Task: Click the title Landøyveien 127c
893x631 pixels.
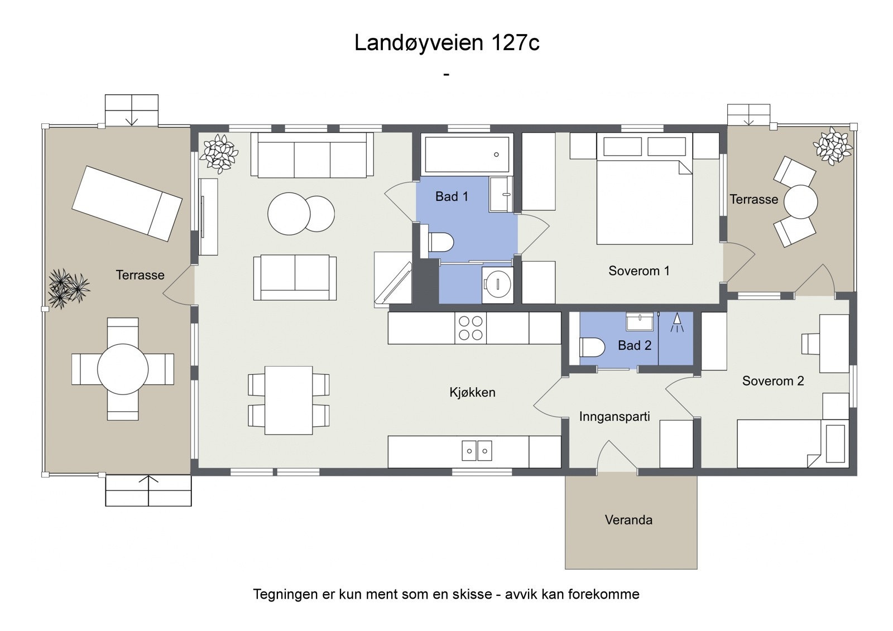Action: [446, 43]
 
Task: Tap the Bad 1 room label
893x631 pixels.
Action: [452, 196]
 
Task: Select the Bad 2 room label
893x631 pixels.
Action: [635, 345]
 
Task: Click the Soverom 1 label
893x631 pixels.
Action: [638, 271]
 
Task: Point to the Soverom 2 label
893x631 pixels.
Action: [772, 381]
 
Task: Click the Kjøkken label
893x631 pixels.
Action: [472, 392]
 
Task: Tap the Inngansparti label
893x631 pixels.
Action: [614, 417]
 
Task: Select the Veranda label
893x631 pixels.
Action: [628, 520]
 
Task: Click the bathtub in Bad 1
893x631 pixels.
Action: [467, 155]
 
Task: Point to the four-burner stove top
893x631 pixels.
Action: [470, 328]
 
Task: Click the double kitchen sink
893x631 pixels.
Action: [477, 450]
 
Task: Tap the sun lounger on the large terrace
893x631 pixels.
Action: [127, 204]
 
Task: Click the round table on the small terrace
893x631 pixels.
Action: [800, 201]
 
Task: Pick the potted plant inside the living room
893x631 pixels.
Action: [219, 151]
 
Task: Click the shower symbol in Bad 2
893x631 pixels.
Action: [676, 322]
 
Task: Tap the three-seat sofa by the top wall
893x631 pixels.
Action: [312, 155]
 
